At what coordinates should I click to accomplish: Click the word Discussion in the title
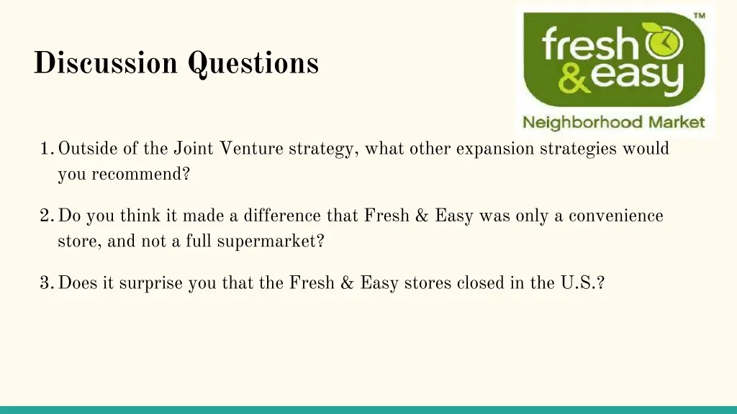[105, 63]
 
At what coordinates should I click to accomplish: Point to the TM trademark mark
[699, 16]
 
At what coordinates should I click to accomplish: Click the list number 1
[46, 149]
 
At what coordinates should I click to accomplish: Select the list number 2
[46, 216]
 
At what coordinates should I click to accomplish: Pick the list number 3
[46, 283]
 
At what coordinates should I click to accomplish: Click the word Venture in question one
[251, 149]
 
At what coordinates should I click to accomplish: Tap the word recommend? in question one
[140, 175]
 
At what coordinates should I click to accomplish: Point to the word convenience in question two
[616, 216]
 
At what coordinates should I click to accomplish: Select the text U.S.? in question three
[582, 283]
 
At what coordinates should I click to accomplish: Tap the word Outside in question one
[84, 149]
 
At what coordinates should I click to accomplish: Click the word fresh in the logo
[587, 45]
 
